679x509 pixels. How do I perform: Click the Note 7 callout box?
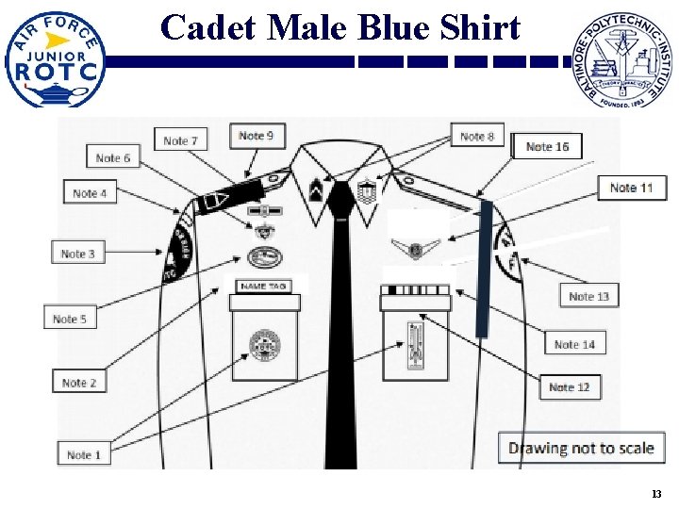[x=180, y=140]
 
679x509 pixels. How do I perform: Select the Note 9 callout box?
[x=257, y=136]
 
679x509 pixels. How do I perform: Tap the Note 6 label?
[x=113, y=157]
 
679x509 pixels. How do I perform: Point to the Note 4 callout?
[x=89, y=192]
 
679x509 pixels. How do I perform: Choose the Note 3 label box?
[x=77, y=253]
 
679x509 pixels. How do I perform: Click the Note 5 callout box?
[x=70, y=319]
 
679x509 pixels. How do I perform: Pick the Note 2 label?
[x=79, y=382]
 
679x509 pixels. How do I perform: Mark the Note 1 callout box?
[x=84, y=454]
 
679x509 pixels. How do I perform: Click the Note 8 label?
[x=477, y=136]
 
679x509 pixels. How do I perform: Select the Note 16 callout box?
[x=547, y=146]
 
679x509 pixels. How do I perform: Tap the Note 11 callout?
[x=631, y=188]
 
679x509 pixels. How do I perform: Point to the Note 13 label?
[x=588, y=296]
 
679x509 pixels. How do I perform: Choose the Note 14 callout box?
[x=574, y=344]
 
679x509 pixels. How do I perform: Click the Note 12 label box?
[x=570, y=386]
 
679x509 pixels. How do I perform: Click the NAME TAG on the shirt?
[x=264, y=286]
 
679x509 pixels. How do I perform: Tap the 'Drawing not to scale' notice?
[x=581, y=448]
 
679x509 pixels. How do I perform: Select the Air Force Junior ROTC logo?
[x=55, y=58]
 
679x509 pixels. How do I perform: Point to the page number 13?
[x=656, y=495]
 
